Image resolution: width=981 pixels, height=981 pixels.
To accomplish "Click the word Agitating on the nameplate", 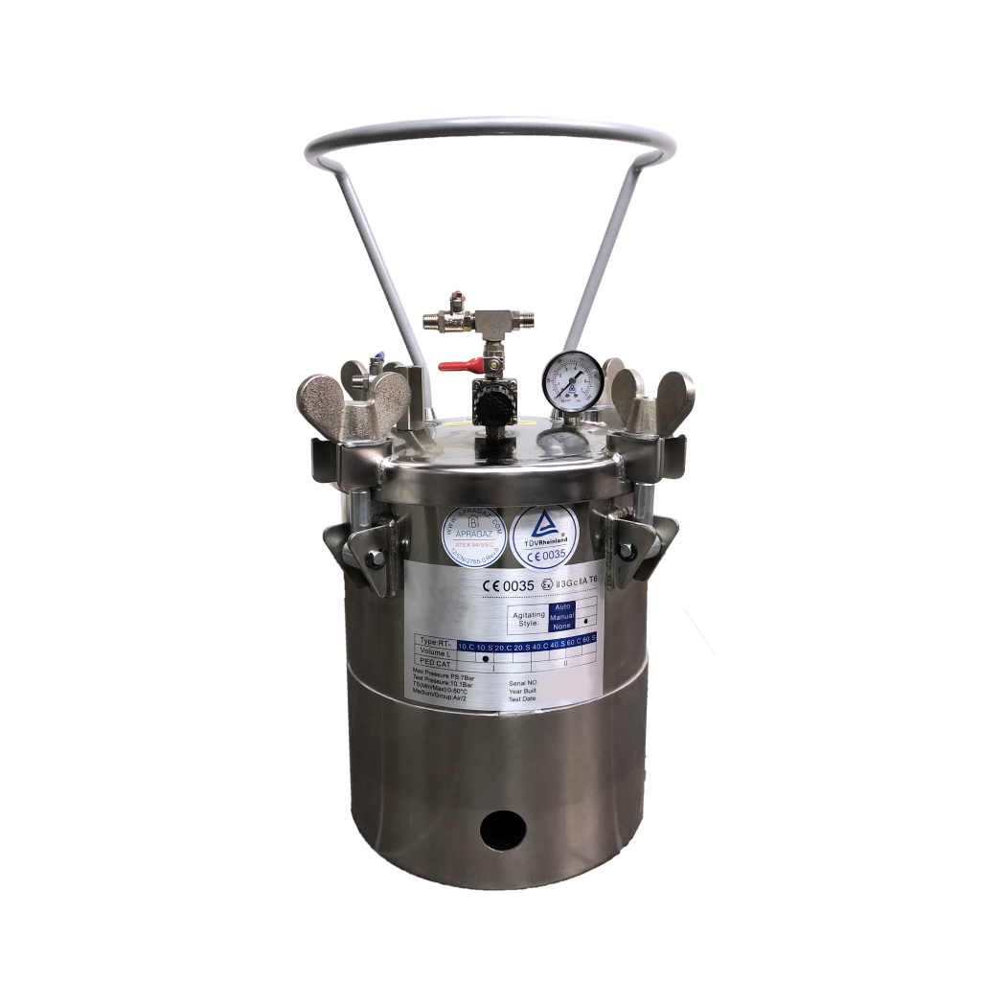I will tap(530, 613).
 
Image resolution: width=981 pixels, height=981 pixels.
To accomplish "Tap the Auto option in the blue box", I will tap(563, 606).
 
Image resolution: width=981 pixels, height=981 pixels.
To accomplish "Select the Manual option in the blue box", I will tap(563, 617).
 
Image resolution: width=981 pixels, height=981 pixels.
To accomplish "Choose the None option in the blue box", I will tap(563, 627).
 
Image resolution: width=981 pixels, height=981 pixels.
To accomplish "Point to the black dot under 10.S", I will tap(487, 660).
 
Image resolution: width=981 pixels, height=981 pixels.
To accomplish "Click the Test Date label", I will tap(523, 698).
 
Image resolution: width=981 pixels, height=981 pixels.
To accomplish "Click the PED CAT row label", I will tap(437, 661).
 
